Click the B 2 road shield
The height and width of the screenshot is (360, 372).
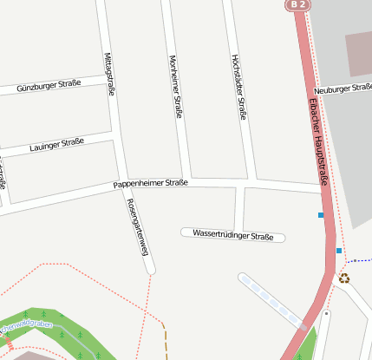click(x=298, y=5)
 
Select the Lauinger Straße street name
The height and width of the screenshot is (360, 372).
click(x=56, y=146)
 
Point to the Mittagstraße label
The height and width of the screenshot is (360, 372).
click(x=109, y=77)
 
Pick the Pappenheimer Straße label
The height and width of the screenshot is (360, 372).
click(x=150, y=185)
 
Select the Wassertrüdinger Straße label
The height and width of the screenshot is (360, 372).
click(x=232, y=235)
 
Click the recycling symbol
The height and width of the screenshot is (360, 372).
click(x=344, y=278)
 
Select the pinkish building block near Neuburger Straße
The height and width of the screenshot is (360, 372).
click(x=358, y=55)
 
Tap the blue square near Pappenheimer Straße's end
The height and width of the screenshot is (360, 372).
click(x=321, y=214)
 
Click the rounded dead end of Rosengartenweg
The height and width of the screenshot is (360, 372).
click(x=150, y=270)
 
